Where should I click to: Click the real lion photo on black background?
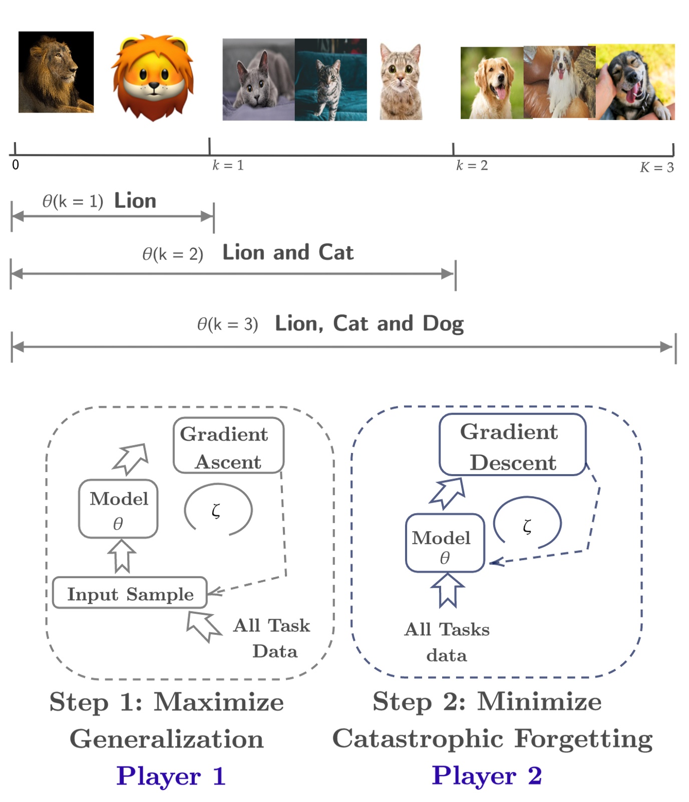[56, 72]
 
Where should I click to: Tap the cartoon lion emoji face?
[152, 78]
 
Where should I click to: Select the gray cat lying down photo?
[258, 80]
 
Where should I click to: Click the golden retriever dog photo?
[492, 83]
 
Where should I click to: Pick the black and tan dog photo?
[634, 82]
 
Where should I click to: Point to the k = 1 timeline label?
[228, 165]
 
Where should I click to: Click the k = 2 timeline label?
[472, 165]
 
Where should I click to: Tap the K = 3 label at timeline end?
[656, 167]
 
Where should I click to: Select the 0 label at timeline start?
[16, 165]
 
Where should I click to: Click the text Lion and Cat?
[288, 252]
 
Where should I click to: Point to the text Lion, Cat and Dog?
[369, 323]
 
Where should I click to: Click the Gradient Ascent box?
[228, 446]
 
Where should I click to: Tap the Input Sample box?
[130, 593]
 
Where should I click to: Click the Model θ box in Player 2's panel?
[445, 543]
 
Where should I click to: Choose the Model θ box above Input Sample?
[118, 509]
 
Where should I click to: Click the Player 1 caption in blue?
[171, 776]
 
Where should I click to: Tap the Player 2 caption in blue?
[487, 775]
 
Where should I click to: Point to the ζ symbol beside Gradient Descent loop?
[527, 526]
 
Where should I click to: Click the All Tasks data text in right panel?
[447, 642]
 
